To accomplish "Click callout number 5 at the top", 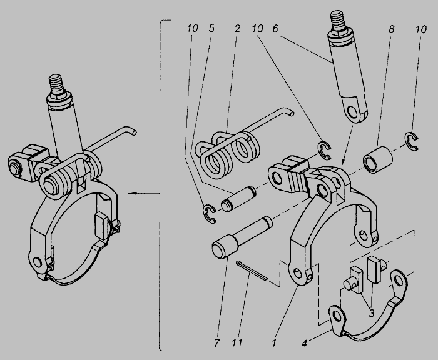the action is point(211,28).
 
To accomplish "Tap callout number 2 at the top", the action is point(237,28).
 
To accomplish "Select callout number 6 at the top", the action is point(275,28).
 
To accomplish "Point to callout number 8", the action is point(391,29).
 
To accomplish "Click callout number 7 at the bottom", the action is point(217,342).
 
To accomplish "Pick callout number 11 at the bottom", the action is point(237,342).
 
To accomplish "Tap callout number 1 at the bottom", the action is point(274,342).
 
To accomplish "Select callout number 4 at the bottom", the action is point(304,344).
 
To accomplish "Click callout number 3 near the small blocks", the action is point(371,313).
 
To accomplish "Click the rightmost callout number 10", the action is point(421,29).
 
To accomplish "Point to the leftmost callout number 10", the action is point(193,28).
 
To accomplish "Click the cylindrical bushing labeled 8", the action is point(377,160).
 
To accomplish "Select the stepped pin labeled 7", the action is point(242,237).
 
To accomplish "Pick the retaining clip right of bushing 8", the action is point(412,141).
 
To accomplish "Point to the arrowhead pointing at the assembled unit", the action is point(132,193).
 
